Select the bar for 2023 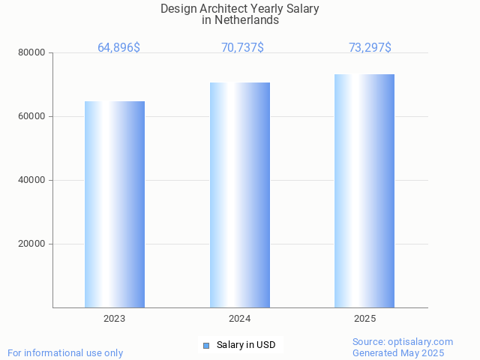[x=115, y=204]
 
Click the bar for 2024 [x=240, y=195]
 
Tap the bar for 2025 [x=364, y=190]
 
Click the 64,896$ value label [x=118, y=48]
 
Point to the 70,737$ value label [x=242, y=48]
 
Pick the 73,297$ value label [x=370, y=48]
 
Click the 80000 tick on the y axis [x=33, y=52]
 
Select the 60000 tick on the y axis [x=33, y=116]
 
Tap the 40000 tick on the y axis [x=33, y=180]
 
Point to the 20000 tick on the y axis [x=33, y=244]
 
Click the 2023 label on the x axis [x=115, y=319]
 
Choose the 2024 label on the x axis [x=240, y=319]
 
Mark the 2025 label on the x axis [x=365, y=319]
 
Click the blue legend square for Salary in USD [x=206, y=345]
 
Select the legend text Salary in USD [x=246, y=345]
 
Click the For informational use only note [x=65, y=352]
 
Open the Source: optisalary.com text [x=403, y=341]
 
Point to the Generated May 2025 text [x=398, y=352]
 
